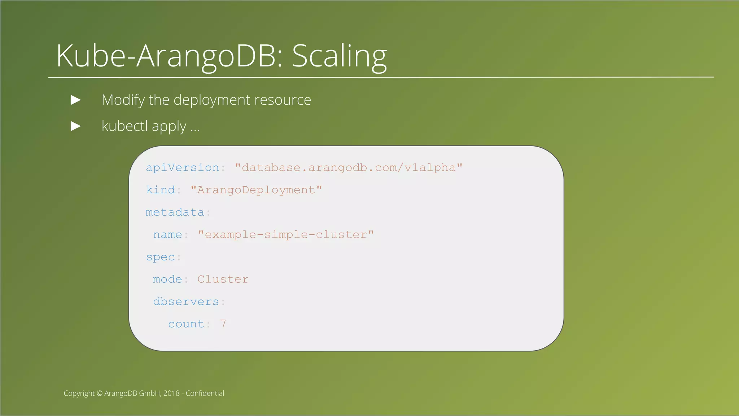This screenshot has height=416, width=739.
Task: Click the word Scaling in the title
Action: coord(339,56)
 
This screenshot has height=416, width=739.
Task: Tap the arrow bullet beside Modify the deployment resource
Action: coord(75,100)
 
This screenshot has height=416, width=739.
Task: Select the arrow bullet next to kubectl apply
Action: coord(75,126)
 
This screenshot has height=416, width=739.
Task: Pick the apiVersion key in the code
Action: coord(182,168)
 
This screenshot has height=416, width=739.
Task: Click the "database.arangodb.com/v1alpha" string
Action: coord(349,168)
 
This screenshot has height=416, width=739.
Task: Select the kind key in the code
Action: coord(160,190)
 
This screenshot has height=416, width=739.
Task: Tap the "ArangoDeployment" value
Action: coord(256,190)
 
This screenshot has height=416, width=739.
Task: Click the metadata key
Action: coord(175,212)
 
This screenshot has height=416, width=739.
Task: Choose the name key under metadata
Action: coord(167,235)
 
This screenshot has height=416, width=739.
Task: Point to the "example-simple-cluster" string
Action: coord(286,235)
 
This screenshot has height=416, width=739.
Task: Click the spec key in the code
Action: coord(160,257)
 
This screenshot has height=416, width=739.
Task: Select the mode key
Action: coord(167,279)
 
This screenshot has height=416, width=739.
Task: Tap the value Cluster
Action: coord(223,279)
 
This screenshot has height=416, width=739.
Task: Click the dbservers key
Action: coord(186,302)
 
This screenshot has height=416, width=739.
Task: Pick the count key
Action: coord(186,324)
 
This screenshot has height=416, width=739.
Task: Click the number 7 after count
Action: coord(223,324)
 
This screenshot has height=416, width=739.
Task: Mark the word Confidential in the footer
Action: coord(205,393)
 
